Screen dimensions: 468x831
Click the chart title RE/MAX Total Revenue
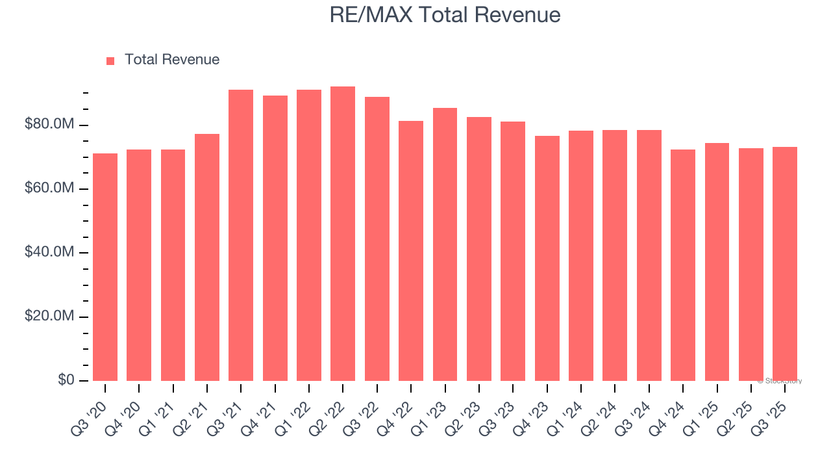point(445,15)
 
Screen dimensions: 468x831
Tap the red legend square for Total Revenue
point(110,60)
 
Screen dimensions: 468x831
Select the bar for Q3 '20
point(105,266)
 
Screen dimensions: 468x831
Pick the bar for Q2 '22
point(343,233)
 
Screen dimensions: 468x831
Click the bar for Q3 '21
point(241,235)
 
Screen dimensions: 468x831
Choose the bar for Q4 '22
point(411,250)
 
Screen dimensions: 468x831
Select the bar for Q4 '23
point(547,258)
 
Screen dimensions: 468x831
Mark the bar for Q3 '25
point(785,263)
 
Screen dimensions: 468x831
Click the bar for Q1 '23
point(445,244)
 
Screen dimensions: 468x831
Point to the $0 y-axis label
point(66,380)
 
